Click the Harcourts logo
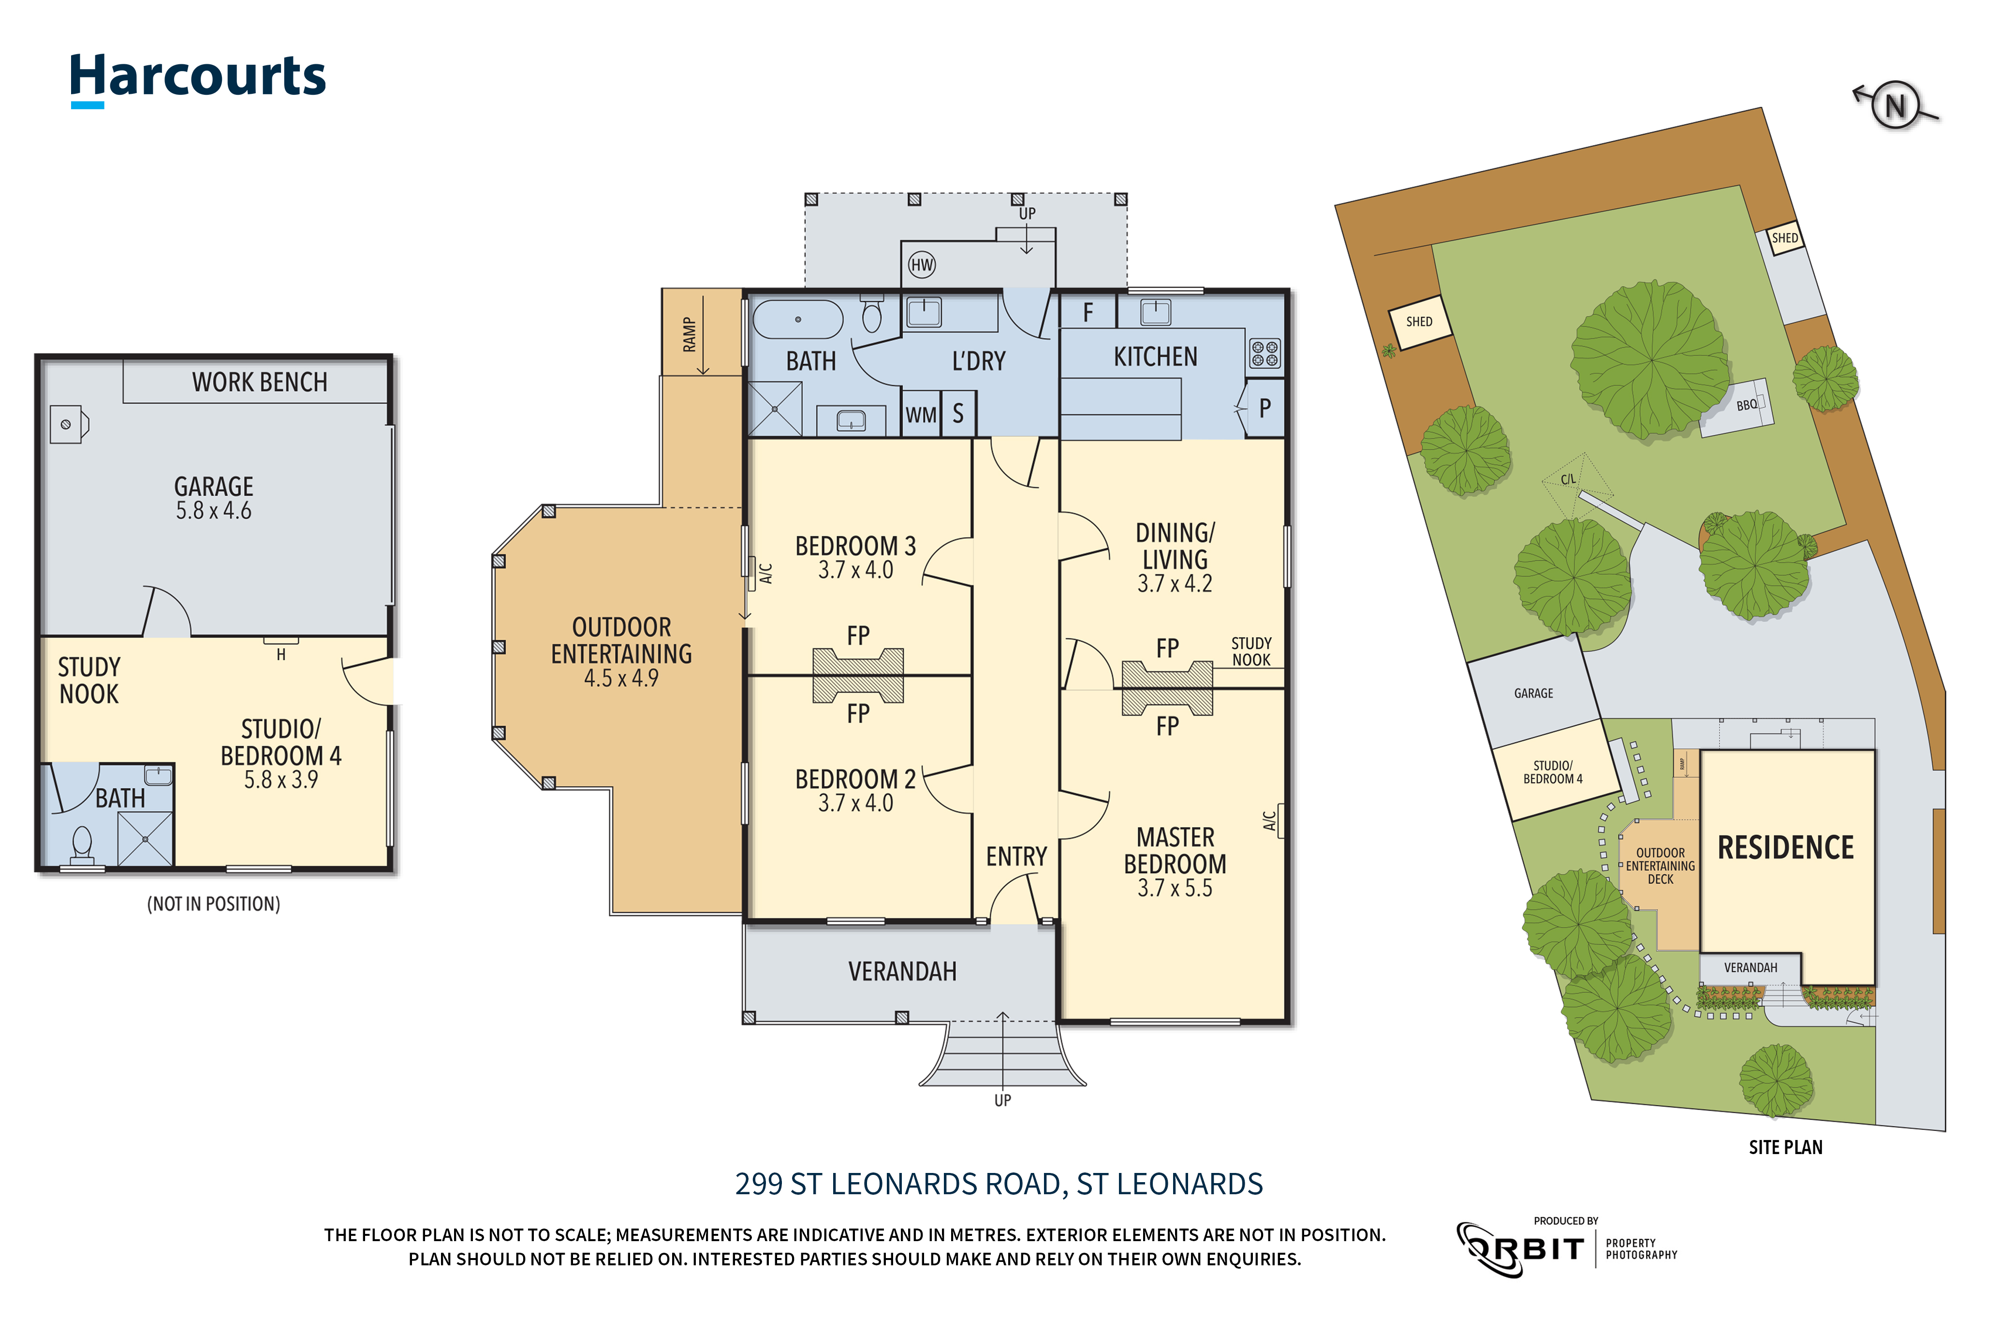tap(197, 78)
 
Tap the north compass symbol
tap(1895, 106)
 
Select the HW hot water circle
tap(922, 264)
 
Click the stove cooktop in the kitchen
tap(1264, 353)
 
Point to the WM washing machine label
tap(920, 415)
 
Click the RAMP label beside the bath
tap(689, 334)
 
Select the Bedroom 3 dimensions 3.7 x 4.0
tap(855, 571)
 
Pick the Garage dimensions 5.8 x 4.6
tap(213, 511)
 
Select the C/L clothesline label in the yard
tap(1568, 480)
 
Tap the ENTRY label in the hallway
tap(1016, 856)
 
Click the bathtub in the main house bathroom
tap(797, 320)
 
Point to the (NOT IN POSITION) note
tap(213, 904)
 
